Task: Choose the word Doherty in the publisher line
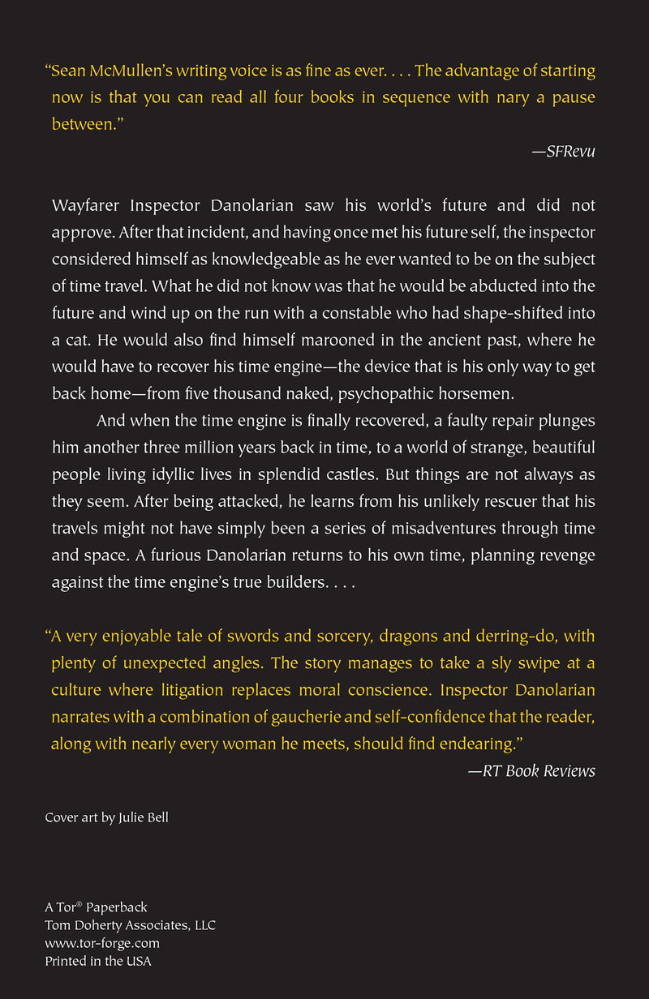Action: coord(99,925)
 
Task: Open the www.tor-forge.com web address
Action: coord(102,943)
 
